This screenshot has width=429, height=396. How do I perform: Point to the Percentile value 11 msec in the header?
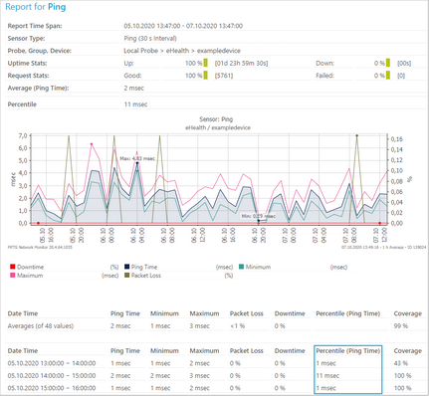pyautogui.click(x=136, y=103)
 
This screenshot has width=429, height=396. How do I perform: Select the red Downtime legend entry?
pyautogui.click(x=33, y=267)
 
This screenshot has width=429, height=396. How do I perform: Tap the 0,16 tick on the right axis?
pyautogui.click(x=395, y=139)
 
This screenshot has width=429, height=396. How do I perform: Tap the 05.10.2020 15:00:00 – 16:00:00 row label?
pyautogui.click(x=55, y=390)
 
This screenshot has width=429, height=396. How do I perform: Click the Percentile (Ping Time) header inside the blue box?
pyautogui.click(x=346, y=350)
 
